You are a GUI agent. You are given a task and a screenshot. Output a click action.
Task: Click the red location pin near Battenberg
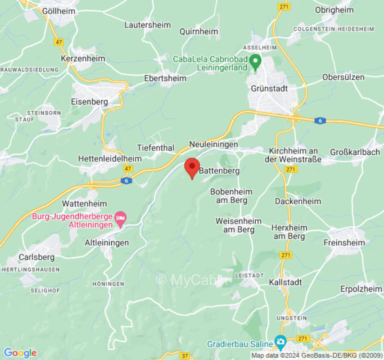click(x=192, y=167)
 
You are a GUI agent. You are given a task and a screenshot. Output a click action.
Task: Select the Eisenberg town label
click(x=90, y=102)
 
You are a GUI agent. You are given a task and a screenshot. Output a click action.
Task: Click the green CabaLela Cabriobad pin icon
click(x=256, y=61)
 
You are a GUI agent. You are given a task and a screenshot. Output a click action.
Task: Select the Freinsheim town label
click(x=344, y=243)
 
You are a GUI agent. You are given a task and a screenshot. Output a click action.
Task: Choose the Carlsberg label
click(x=36, y=257)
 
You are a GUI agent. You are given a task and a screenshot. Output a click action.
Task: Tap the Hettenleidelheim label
click(x=109, y=159)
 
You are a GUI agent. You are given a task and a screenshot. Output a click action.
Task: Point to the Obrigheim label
click(x=334, y=9)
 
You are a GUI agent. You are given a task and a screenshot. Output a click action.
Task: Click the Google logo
click(x=20, y=353)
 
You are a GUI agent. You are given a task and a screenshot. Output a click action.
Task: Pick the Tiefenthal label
click(x=155, y=148)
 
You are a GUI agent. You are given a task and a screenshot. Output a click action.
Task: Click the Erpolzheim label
click(x=361, y=289)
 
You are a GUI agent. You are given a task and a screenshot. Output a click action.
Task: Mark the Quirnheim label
click(x=199, y=31)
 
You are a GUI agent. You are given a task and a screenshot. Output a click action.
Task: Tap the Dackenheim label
click(x=298, y=201)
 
